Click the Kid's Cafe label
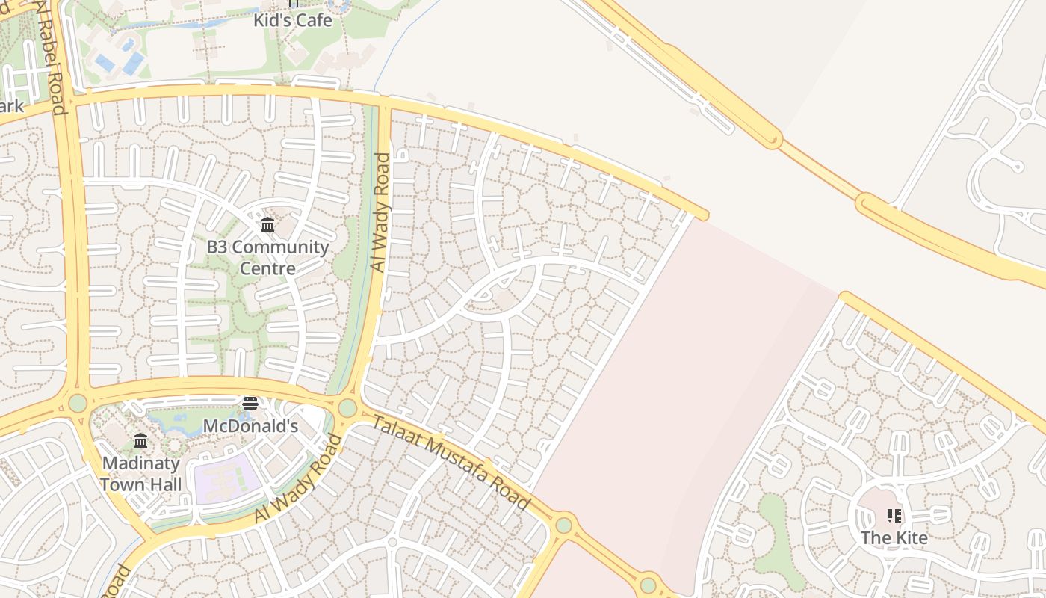[292, 20]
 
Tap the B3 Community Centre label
[267, 257]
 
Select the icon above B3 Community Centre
[267, 224]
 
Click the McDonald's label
[250, 426]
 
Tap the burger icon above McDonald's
[250, 404]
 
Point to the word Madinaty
[140, 463]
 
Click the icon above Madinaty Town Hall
[140, 440]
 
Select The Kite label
[894, 537]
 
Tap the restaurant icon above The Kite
[894, 516]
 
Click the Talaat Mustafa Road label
[451, 463]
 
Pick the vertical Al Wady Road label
[381, 212]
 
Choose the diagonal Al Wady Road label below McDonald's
[298, 478]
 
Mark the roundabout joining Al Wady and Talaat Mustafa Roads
[347, 408]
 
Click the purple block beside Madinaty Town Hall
[226, 478]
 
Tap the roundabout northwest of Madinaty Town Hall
[78, 403]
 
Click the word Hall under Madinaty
[162, 484]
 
